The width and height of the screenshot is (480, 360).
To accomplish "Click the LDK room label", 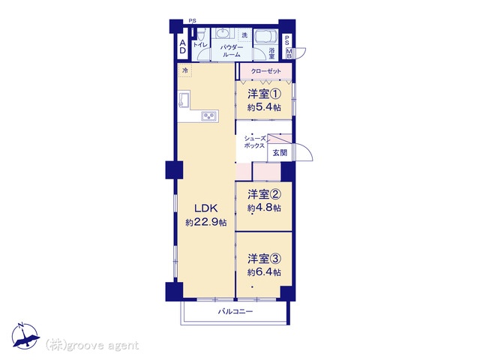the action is point(206,208).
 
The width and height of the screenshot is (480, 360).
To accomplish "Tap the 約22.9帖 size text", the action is point(206,222).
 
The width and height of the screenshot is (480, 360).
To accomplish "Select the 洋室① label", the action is point(264,94).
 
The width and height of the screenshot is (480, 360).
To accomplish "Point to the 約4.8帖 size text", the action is point(264,208).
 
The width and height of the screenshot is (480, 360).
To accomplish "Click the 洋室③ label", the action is point(264,259).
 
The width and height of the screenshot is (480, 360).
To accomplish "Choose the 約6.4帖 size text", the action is point(264,272).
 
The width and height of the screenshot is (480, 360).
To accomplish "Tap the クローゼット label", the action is point(265,71).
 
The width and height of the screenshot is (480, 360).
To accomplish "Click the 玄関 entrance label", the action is point(280,153).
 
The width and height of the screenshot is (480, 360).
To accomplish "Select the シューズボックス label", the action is point(255,142).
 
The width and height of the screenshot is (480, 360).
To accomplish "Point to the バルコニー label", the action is point(235,312).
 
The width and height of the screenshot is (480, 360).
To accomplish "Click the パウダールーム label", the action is point(232,51).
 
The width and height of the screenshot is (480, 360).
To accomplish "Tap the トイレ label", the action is point(200,45).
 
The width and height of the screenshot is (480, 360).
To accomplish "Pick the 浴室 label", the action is point(271,53).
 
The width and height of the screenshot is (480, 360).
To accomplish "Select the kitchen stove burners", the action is point(209,116).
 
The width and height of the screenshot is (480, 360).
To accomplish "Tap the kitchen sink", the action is point(184,100).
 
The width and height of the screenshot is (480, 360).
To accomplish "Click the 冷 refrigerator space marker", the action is point(185,70).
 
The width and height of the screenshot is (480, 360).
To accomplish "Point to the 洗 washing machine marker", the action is point(244,35).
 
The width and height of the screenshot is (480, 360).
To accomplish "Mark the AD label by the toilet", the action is point(182,46).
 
